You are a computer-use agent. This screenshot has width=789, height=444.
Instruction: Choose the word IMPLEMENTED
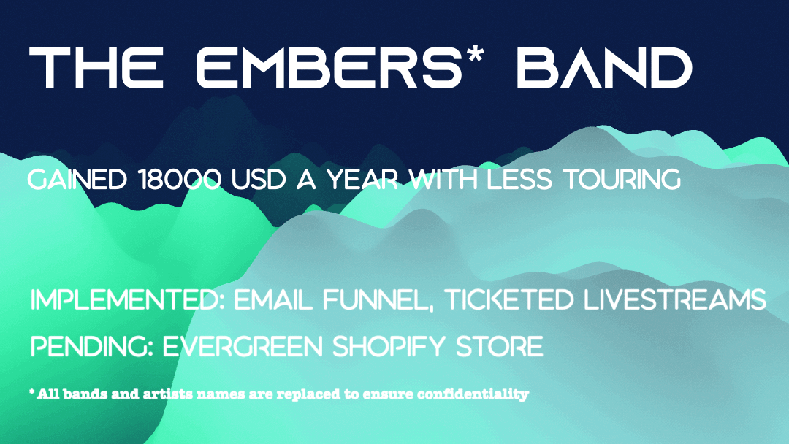(x=127, y=301)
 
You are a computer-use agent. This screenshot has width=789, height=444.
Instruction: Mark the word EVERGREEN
(x=245, y=346)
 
